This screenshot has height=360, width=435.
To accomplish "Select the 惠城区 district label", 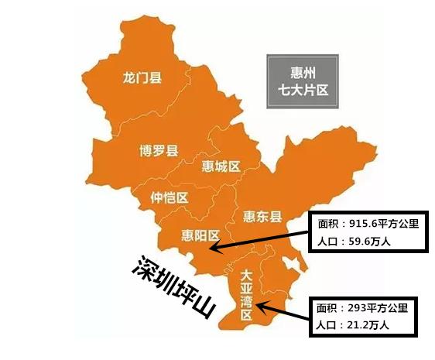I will [221, 166].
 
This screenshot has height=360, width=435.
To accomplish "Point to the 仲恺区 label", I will [170, 198].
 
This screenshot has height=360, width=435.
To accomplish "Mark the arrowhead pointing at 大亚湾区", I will [261, 308].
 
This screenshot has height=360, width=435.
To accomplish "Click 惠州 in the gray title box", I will [302, 68].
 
